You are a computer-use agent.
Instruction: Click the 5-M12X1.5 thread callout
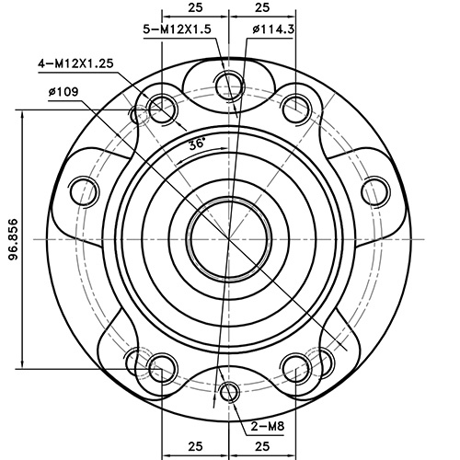178,29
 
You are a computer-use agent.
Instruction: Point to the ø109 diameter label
65,91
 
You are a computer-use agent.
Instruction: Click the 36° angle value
196,144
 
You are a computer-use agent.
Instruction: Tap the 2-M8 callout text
267,426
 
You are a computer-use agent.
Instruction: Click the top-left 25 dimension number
195,6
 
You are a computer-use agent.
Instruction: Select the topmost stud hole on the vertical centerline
228,85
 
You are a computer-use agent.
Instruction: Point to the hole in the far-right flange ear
374,191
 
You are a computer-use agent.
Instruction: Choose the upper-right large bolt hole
294,107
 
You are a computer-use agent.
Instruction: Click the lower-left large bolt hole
163,364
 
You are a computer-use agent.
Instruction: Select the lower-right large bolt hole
294,364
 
